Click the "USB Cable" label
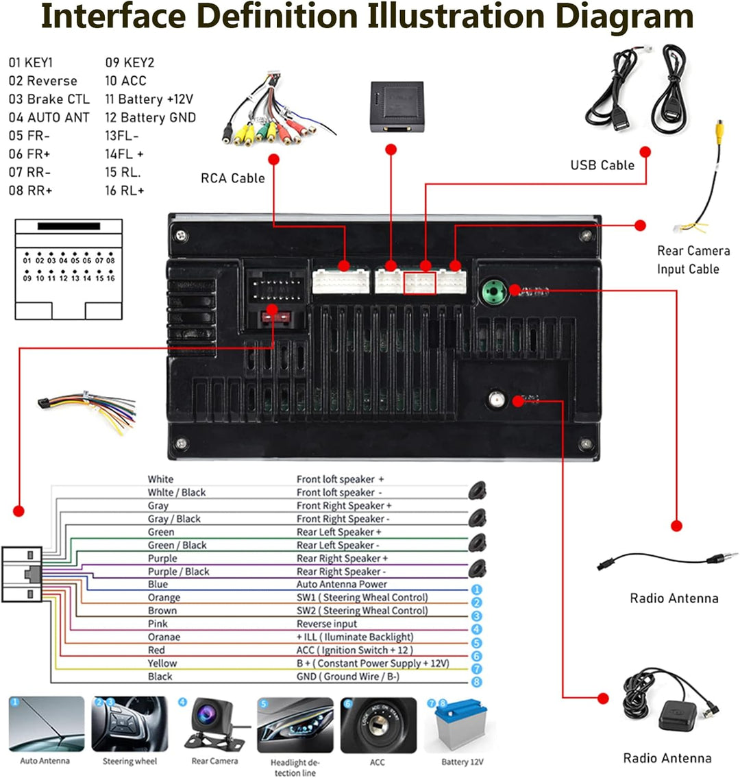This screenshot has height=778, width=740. (602, 165)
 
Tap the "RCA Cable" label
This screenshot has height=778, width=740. (232, 178)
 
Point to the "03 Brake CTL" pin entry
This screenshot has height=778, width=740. (49, 99)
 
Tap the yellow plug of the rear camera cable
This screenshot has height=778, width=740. (719, 129)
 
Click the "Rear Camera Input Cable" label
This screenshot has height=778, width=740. (693, 260)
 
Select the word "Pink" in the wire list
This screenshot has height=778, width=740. (158, 624)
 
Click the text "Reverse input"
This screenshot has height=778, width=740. (327, 624)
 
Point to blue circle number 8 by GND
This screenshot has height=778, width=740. (477, 682)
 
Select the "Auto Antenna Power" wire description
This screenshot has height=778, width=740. (341, 585)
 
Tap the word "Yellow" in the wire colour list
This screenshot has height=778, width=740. (162, 664)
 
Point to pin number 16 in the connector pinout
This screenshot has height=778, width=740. (110, 278)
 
